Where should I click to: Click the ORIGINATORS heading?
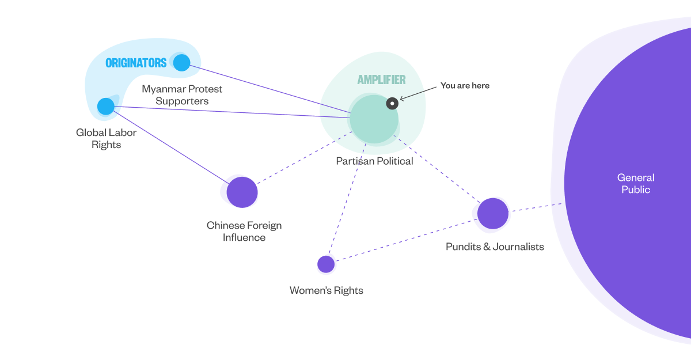[136, 63]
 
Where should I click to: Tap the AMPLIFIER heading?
[381, 80]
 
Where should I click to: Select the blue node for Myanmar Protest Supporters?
[181, 62]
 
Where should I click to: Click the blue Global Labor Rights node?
[106, 106]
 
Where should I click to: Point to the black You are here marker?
[392, 104]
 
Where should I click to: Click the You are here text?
[465, 85]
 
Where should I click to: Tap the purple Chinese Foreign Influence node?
[242, 192]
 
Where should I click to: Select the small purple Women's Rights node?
[326, 264]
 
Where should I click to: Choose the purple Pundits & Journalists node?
[493, 213]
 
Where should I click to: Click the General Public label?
[636, 183]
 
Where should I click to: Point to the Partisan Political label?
[374, 161]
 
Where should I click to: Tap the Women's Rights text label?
[326, 290]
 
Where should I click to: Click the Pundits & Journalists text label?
[495, 247]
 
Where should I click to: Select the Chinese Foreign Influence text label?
[244, 231]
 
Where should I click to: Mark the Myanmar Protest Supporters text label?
[182, 95]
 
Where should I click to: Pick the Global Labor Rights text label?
[107, 138]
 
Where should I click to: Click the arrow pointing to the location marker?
[418, 93]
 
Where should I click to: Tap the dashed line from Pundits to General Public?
[536, 207]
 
